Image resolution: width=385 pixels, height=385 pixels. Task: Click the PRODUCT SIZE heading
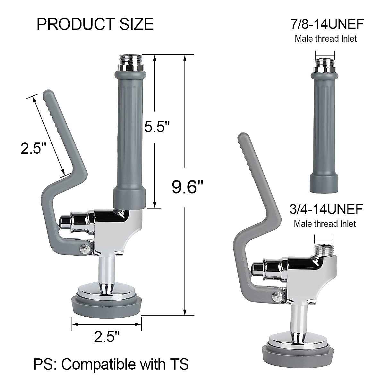tap(95, 24)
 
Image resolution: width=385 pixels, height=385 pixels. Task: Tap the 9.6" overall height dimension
tap(187, 187)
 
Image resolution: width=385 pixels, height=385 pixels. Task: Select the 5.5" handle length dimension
tap(157, 127)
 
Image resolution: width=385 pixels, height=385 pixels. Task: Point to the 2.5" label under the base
tap(107, 337)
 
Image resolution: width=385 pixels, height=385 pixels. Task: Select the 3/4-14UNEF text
tap(326, 209)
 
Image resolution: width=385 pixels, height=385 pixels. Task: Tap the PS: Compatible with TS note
tap(111, 364)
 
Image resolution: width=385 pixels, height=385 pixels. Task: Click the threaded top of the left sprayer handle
tap(131, 59)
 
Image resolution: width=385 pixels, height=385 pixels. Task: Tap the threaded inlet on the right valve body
tap(323, 250)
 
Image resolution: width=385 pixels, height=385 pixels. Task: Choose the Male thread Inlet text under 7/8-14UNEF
tap(326, 39)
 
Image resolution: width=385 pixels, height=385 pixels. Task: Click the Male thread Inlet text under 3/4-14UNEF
tap(325, 224)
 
